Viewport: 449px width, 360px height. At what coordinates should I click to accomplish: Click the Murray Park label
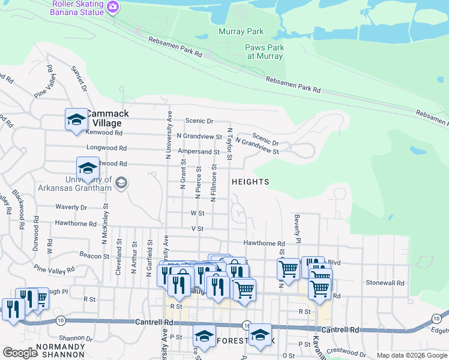coord(241,31)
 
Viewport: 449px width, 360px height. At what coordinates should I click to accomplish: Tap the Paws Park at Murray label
coord(264,52)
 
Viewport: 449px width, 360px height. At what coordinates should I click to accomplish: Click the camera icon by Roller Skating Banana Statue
coord(112,7)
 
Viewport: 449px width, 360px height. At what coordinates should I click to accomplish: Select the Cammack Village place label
coord(106,118)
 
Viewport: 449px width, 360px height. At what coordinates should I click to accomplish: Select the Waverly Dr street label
coord(71,207)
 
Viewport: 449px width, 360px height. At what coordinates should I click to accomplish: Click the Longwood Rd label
coord(106,148)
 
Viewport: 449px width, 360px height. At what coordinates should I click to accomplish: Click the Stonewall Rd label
coord(387,282)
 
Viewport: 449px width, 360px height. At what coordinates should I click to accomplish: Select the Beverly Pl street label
coord(297,229)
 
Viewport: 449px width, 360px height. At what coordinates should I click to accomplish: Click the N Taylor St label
coord(229,144)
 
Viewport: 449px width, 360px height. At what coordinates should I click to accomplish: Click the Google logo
coord(20,353)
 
